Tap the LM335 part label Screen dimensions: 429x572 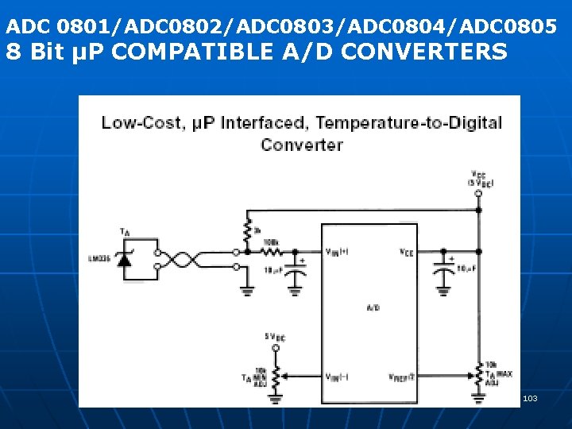pyautogui.click(x=100, y=258)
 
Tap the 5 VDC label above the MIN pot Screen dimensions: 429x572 pyautogui.click(x=274, y=337)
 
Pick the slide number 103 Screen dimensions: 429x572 pyautogui.click(x=530, y=397)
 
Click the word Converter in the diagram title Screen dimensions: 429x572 pyautogui.click(x=302, y=145)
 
